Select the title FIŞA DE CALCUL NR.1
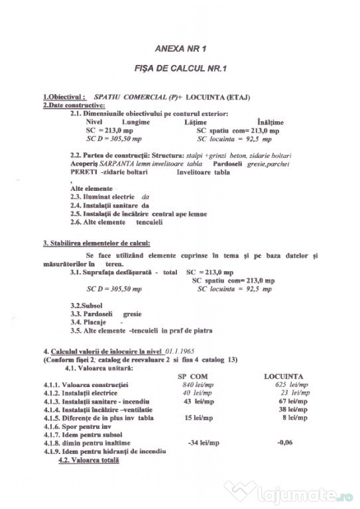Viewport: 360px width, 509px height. (x=181, y=68)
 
